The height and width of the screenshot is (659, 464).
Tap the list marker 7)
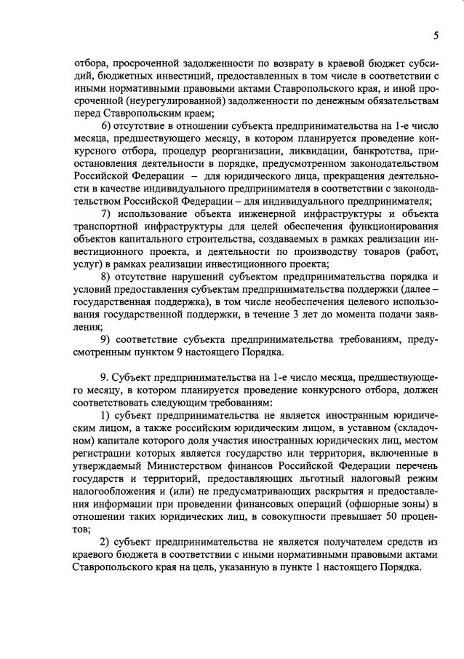tap(105, 213)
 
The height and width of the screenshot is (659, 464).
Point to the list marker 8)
tap(105, 277)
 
